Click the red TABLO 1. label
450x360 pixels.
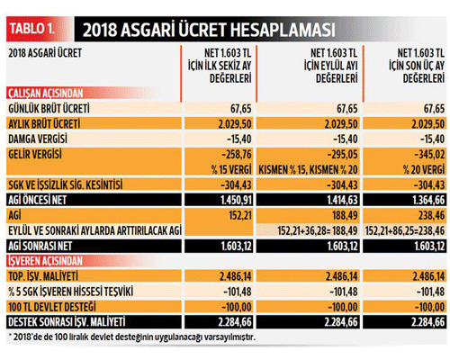click(x=32, y=29)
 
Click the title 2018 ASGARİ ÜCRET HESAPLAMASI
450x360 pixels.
click(x=209, y=30)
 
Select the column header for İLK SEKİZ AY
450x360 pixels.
click(x=220, y=66)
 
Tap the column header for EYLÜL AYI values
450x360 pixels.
click(x=330, y=66)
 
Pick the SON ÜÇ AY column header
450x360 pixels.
click(x=417, y=66)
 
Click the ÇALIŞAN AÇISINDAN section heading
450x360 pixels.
click(x=46, y=94)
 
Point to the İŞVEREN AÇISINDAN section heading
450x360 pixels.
click(x=45, y=261)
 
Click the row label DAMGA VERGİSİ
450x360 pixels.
click(x=38, y=139)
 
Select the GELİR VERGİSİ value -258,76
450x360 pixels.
click(x=237, y=155)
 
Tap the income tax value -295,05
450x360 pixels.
click(x=343, y=155)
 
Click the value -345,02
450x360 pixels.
click(x=429, y=155)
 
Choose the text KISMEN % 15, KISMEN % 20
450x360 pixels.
click(x=308, y=170)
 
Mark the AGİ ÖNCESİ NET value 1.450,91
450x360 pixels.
click(x=237, y=200)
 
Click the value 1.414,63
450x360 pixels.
click(x=342, y=200)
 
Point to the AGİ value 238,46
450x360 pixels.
click(x=430, y=215)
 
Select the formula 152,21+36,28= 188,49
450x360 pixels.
click(x=318, y=230)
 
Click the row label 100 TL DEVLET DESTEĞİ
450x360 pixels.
click(x=52, y=307)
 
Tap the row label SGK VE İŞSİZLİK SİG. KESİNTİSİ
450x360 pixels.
click(x=66, y=184)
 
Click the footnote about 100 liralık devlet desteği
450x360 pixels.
click(x=132, y=337)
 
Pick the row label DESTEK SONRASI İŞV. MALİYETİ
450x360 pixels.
click(x=67, y=322)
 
